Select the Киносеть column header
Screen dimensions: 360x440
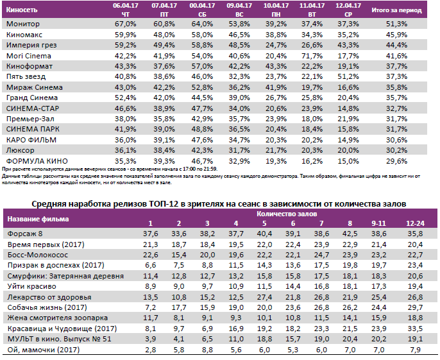(x=25, y=10)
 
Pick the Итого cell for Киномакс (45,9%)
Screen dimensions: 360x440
(x=395, y=34)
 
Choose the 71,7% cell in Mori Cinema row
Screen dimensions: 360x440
(x=311, y=55)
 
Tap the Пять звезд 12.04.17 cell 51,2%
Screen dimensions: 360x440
(x=348, y=76)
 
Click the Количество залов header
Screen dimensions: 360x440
(x=287, y=212)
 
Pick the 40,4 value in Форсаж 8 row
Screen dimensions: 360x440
(x=264, y=234)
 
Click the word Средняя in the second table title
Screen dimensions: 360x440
(x=53, y=204)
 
